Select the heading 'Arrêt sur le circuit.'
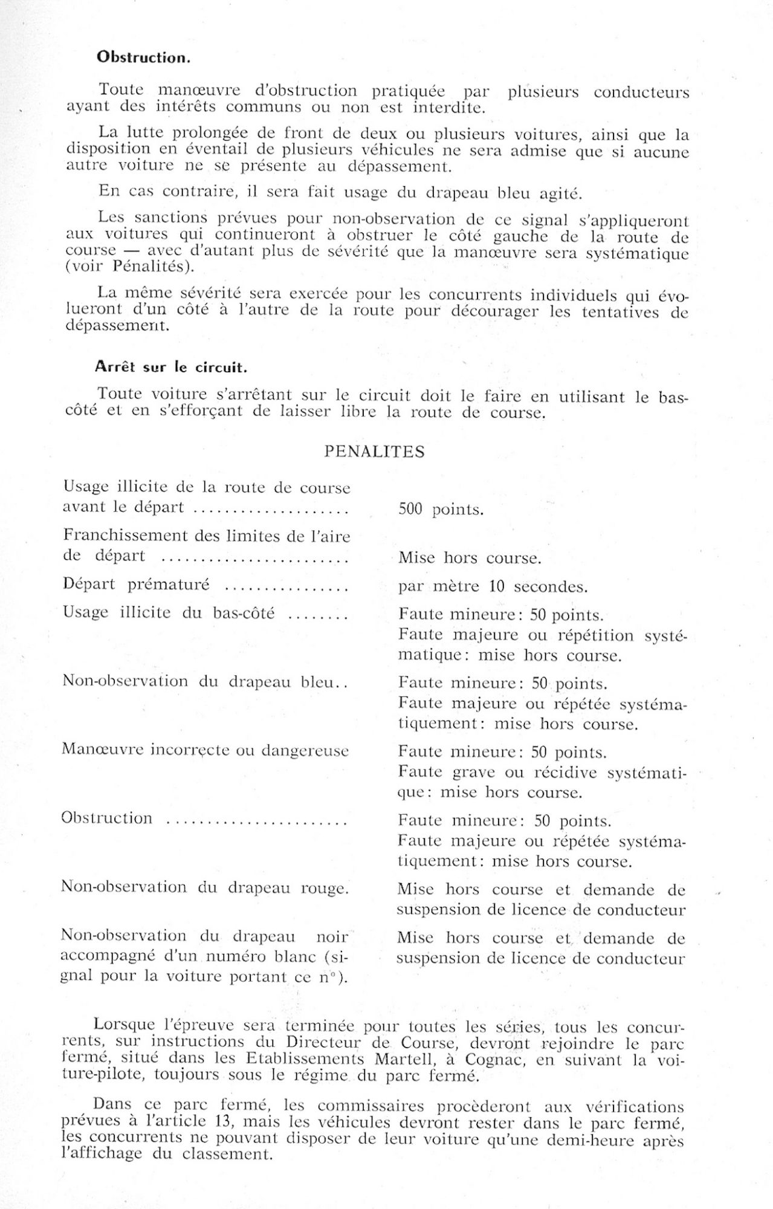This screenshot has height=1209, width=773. (x=170, y=367)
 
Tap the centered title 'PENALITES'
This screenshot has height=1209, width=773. (x=374, y=452)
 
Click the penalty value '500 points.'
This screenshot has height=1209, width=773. (x=441, y=510)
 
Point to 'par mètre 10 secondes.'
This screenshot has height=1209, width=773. (x=493, y=586)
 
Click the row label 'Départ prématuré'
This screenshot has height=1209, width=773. (x=136, y=585)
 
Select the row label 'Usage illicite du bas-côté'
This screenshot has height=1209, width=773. (x=169, y=613)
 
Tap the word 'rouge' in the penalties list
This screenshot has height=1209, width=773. (x=324, y=888)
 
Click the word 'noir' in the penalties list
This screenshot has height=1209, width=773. (x=332, y=936)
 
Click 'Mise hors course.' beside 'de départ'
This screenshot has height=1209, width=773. (x=469, y=557)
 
